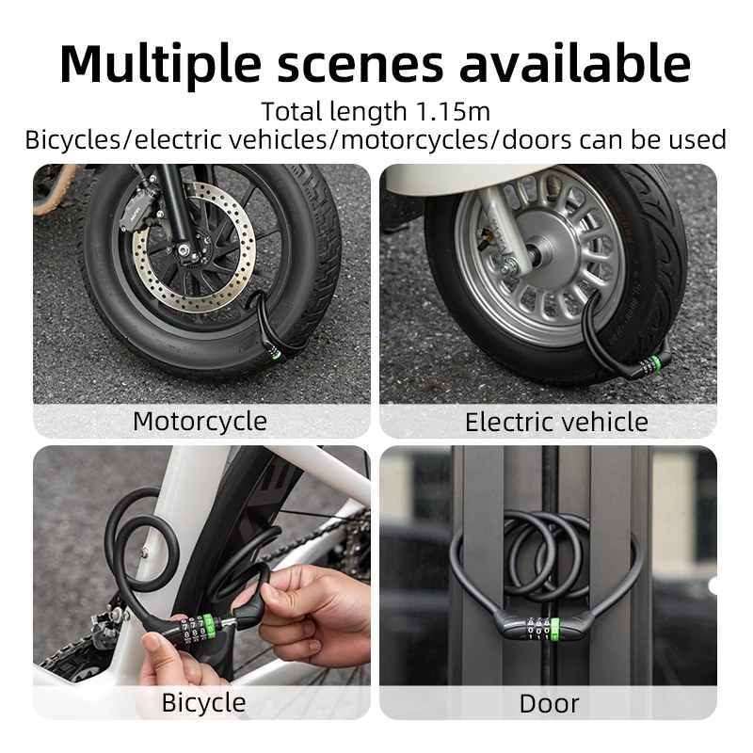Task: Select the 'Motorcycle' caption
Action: click(x=200, y=420)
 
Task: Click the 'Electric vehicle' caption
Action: click(x=556, y=421)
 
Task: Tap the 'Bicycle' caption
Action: click(x=203, y=701)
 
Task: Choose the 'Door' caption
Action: click(x=549, y=702)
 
